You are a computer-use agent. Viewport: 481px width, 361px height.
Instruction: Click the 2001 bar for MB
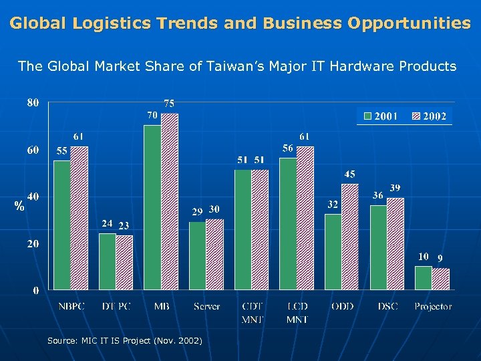pyautogui.click(x=152, y=207)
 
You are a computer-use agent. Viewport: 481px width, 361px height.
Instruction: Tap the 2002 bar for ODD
pyautogui.click(x=350, y=237)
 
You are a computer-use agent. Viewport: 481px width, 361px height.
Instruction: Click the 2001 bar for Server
pyautogui.click(x=198, y=255)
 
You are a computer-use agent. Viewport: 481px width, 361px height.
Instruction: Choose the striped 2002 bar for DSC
pyautogui.click(x=395, y=244)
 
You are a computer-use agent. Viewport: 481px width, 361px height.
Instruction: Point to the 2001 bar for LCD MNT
pyautogui.click(x=288, y=224)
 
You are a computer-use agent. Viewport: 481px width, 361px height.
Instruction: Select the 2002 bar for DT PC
pyautogui.click(x=124, y=263)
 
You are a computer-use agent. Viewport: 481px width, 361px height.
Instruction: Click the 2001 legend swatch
pyautogui.click(x=367, y=116)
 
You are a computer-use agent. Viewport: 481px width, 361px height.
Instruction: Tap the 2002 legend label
pyautogui.click(x=434, y=116)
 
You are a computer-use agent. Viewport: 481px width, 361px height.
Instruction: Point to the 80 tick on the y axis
pyautogui.click(x=33, y=102)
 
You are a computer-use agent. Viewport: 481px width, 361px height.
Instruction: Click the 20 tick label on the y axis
pyautogui.click(x=33, y=244)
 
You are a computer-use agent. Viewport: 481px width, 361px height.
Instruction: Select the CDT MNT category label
pyautogui.click(x=253, y=313)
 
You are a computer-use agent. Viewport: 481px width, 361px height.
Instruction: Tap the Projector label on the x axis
pyautogui.click(x=433, y=307)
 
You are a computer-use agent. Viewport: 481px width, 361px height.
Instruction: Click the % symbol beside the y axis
pyautogui.click(x=19, y=207)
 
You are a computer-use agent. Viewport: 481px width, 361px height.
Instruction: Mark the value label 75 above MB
pyautogui.click(x=170, y=104)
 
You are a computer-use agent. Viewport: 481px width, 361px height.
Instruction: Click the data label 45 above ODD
pyautogui.click(x=349, y=174)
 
